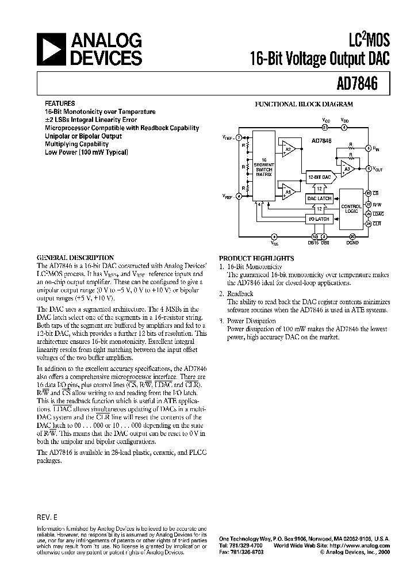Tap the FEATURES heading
[x=60, y=104]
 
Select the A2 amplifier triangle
[x=287, y=149]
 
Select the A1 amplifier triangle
[x=287, y=190]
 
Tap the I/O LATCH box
[x=319, y=219]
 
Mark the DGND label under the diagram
[x=352, y=244]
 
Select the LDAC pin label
[x=378, y=213]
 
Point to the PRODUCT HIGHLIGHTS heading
[x=256, y=258]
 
